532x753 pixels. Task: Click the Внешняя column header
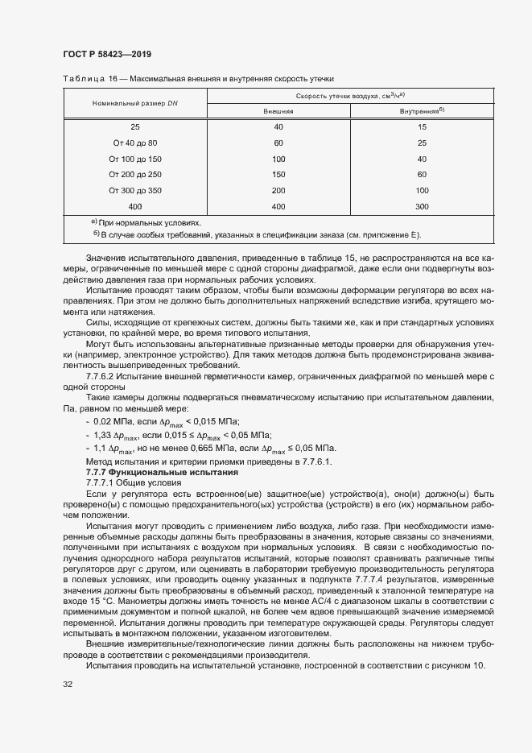(x=278, y=111)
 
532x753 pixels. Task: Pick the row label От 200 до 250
(x=135, y=174)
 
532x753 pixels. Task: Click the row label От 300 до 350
(x=135, y=190)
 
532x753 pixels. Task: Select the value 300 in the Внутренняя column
(x=423, y=206)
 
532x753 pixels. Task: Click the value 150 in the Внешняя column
(x=278, y=174)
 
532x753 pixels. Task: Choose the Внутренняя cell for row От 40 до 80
(x=423, y=143)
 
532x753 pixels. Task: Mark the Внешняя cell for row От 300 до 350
(x=278, y=190)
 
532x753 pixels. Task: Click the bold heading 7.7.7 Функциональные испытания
(x=149, y=470)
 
